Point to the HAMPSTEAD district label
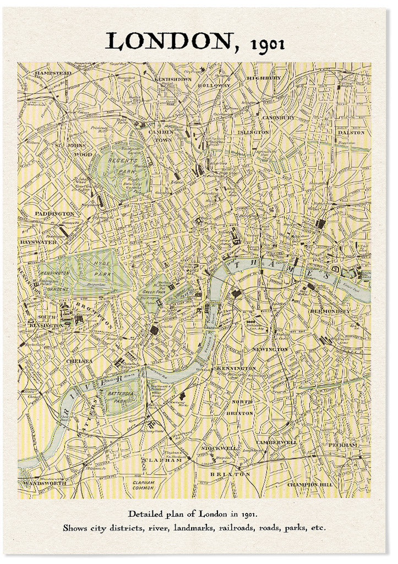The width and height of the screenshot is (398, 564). click(x=53, y=73)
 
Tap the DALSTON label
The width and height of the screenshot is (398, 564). click(x=351, y=133)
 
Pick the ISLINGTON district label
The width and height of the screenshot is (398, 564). click(x=253, y=133)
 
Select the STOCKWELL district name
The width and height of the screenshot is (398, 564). click(x=220, y=448)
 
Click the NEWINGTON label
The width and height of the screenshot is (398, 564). click(x=270, y=349)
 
